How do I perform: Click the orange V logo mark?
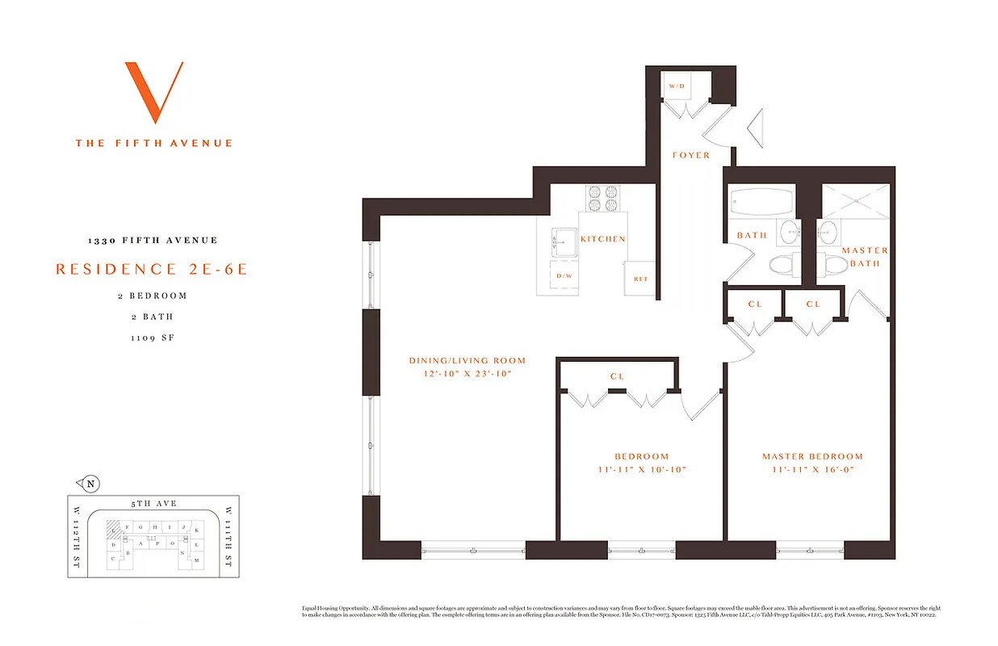(x=153, y=91)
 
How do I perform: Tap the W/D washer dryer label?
(x=676, y=86)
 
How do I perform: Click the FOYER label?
(x=691, y=155)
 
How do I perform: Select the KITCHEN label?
(x=602, y=239)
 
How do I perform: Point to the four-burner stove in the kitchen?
(x=603, y=199)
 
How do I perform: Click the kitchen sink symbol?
(x=563, y=241)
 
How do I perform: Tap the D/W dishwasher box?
(x=564, y=276)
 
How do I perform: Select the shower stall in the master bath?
(x=855, y=201)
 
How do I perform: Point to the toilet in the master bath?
(x=832, y=264)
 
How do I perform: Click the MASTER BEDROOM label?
(x=812, y=456)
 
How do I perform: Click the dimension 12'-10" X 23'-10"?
(x=467, y=374)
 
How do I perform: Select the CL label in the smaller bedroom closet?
(x=617, y=376)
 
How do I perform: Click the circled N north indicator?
(x=91, y=484)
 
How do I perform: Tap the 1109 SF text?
(x=153, y=338)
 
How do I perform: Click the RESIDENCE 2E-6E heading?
(x=152, y=269)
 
